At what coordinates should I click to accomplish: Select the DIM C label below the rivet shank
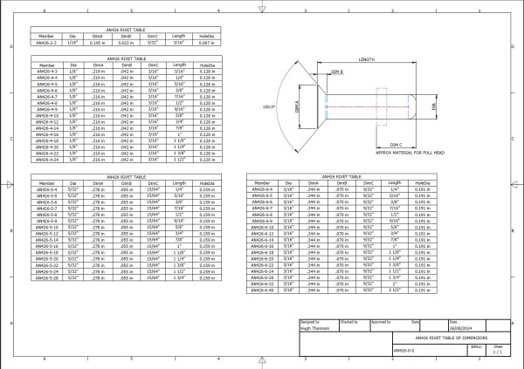395,143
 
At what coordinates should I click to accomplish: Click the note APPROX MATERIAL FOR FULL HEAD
405,153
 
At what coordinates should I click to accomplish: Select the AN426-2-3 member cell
46,41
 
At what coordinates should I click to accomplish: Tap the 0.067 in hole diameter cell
205,41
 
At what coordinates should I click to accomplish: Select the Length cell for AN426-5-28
179,278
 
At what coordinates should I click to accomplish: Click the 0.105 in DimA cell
100,41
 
